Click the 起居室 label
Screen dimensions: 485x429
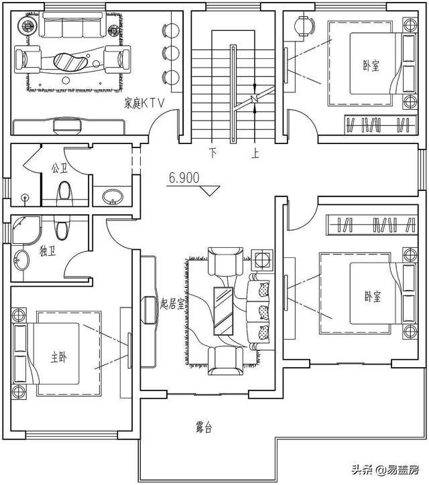[x=173, y=303]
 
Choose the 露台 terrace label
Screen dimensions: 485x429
[x=204, y=427]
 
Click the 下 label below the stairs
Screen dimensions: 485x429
[x=213, y=153]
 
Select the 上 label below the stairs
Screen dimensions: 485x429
[x=255, y=153]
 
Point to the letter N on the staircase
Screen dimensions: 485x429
[x=254, y=100]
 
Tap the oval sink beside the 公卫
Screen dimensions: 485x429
[x=112, y=197]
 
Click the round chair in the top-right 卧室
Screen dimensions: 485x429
[x=305, y=25]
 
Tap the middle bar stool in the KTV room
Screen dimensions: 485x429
[x=172, y=52]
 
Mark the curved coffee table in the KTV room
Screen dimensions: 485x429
[x=70, y=61]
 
